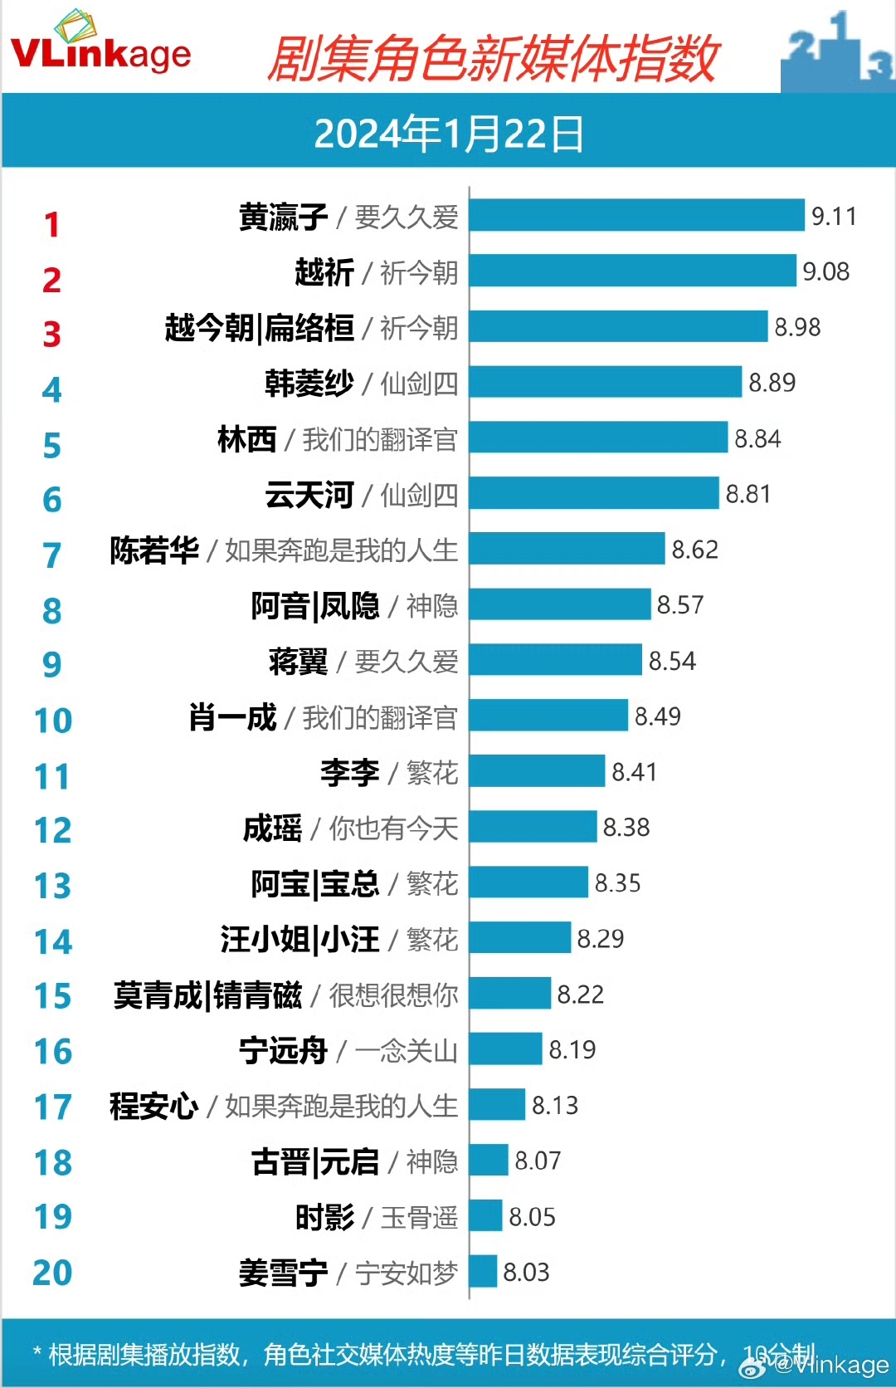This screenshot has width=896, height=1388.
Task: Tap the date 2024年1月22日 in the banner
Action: click(x=448, y=134)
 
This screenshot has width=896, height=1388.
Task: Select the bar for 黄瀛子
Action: click(x=636, y=215)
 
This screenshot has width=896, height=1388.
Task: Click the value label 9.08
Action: click(x=825, y=271)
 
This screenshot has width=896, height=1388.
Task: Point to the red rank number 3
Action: click(x=51, y=334)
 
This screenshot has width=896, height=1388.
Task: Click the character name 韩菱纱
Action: click(x=309, y=384)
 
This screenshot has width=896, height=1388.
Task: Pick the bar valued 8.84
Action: click(x=598, y=437)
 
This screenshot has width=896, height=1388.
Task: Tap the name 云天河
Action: click(x=309, y=495)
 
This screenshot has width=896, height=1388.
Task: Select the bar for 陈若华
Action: click(x=567, y=549)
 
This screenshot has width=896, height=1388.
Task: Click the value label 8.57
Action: click(x=679, y=605)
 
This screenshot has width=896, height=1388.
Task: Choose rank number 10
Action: click(x=52, y=720)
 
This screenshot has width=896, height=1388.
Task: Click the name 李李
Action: click(x=349, y=773)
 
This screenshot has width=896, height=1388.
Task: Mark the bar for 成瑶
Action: click(x=533, y=827)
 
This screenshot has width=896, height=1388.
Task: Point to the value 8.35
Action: click(x=617, y=883)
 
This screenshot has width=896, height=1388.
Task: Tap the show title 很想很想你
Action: click(x=393, y=995)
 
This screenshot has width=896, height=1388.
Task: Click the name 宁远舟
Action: click(x=283, y=1051)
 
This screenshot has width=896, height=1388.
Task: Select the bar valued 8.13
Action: click(x=497, y=1105)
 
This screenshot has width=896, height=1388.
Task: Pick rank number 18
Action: click(x=52, y=1162)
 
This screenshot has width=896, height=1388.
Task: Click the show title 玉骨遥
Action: click(x=419, y=1218)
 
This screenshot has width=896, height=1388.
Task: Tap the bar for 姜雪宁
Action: click(x=483, y=1272)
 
